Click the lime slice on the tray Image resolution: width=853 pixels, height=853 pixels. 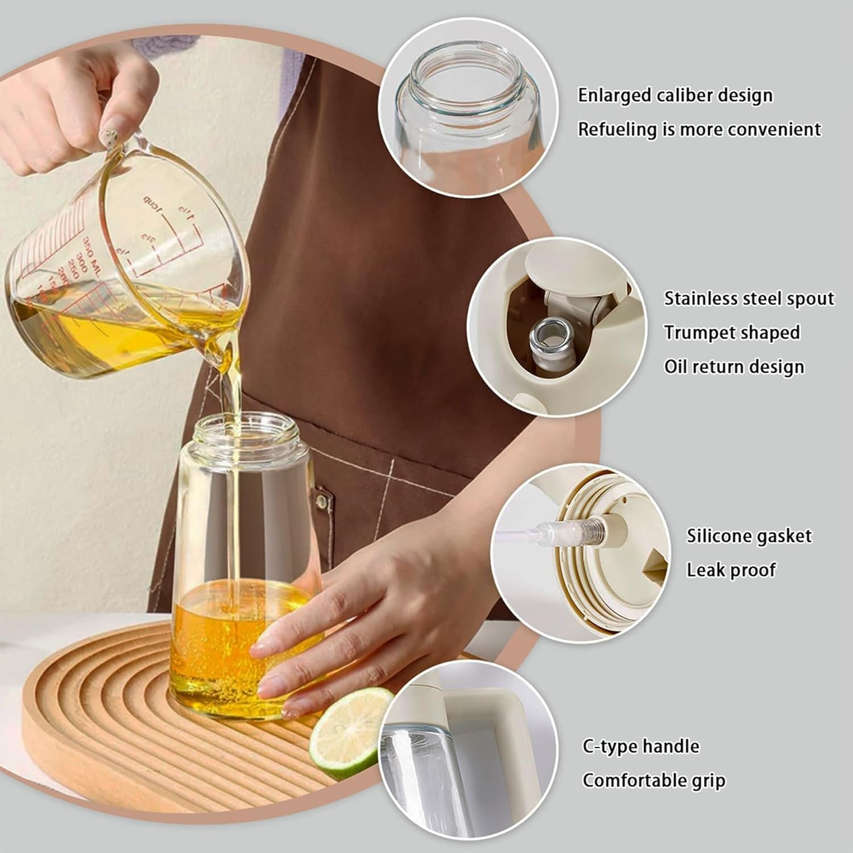pyautogui.click(x=351, y=731)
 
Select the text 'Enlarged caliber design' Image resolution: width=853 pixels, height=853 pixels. pyautogui.click(x=675, y=95)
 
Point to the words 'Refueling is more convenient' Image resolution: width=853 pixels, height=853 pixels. pyautogui.click(x=699, y=129)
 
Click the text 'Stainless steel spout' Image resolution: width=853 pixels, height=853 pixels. pyautogui.click(x=749, y=299)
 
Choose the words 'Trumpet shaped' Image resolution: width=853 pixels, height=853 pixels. pyautogui.click(x=732, y=332)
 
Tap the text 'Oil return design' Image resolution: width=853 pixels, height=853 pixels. pyautogui.click(x=734, y=366)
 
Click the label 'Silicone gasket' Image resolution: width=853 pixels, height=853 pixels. pyautogui.click(x=749, y=536)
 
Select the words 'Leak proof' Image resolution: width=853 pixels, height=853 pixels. pyautogui.click(x=731, y=569)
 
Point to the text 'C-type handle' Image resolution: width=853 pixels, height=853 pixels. pyautogui.click(x=641, y=746)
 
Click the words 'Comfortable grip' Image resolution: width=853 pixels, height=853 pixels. pyautogui.click(x=654, y=780)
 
